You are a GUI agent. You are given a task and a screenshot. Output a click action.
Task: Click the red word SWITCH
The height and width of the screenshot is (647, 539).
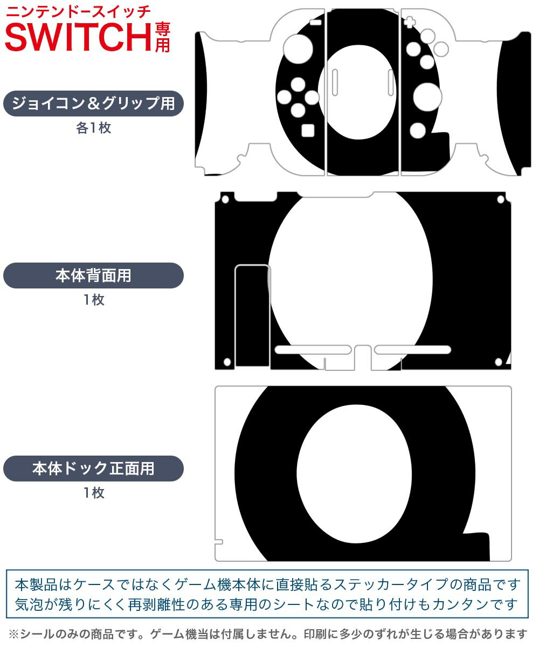click(x=78, y=37)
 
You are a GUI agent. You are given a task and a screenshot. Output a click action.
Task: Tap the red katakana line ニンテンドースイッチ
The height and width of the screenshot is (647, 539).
click(x=78, y=12)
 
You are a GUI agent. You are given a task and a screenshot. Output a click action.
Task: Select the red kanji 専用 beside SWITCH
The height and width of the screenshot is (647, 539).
click(x=162, y=37)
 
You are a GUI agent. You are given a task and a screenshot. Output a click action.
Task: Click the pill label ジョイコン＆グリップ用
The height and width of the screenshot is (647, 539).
click(x=93, y=104)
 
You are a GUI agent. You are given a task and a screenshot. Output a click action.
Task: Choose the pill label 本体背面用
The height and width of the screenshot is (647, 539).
click(x=93, y=276)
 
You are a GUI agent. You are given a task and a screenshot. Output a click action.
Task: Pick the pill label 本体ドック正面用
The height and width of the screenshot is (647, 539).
click(x=93, y=468)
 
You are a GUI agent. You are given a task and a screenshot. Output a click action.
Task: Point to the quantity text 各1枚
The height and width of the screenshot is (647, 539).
click(x=94, y=128)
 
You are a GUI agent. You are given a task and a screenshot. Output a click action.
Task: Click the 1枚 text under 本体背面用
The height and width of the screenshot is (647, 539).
click(x=94, y=300)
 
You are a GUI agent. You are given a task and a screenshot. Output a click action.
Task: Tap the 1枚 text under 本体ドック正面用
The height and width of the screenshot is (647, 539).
click(x=94, y=492)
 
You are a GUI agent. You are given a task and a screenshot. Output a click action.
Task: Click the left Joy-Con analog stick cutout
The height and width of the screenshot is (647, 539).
click(x=298, y=49)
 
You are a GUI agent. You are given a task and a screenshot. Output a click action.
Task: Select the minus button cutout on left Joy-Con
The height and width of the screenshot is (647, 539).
click(x=316, y=22)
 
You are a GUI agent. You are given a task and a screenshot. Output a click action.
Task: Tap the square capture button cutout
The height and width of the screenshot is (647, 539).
click(x=308, y=130)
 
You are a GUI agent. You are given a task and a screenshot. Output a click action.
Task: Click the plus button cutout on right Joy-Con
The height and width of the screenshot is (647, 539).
click(x=410, y=22)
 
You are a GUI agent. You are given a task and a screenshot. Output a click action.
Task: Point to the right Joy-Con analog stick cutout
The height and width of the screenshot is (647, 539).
click(x=427, y=97)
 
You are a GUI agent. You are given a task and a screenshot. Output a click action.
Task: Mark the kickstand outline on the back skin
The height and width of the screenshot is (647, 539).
click(x=252, y=316)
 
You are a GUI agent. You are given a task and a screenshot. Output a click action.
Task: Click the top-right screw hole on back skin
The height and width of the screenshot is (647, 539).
click(x=501, y=199)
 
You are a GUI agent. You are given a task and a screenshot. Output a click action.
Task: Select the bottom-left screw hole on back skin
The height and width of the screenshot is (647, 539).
click(x=227, y=362)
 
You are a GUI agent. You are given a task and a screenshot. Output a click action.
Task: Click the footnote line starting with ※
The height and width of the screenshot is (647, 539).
click(x=268, y=634)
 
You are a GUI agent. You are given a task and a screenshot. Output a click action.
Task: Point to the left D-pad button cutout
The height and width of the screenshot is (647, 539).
click(x=284, y=97)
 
